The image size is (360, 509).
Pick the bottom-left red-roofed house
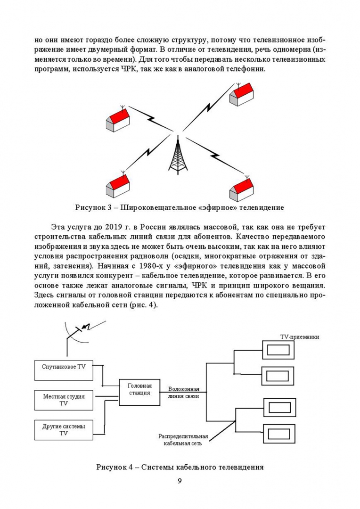[117, 185]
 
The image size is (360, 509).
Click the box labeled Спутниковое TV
[64, 369]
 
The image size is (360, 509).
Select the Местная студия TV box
[64, 400]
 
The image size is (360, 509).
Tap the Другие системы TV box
[64, 430]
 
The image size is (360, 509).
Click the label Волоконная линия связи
[184, 393]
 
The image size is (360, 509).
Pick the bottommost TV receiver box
[278, 432]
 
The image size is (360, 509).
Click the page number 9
[180, 481]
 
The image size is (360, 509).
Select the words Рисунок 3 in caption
[92, 207]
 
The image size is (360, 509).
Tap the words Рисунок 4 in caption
[113, 467]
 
